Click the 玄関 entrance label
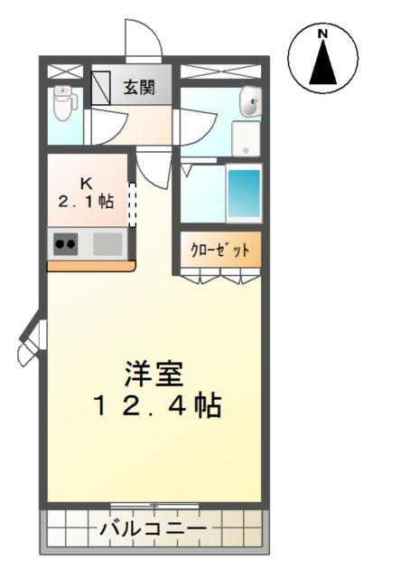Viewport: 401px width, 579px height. pyautogui.click(x=139, y=88)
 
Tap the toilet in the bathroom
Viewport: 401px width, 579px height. pyautogui.click(x=62, y=103)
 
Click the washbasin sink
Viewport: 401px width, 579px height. pyautogui.click(x=248, y=103)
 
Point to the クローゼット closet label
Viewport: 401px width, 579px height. pyautogui.click(x=219, y=248)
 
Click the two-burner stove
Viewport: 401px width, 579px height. pyautogui.click(x=64, y=242)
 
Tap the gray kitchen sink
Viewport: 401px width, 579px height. pyautogui.click(x=107, y=242)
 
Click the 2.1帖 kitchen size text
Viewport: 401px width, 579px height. pyautogui.click(x=87, y=201)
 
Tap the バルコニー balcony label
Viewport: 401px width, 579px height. pyautogui.click(x=154, y=527)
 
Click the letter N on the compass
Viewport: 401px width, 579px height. pyautogui.click(x=322, y=34)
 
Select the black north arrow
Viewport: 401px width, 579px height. pyautogui.click(x=322, y=62)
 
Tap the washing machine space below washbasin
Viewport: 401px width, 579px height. pyautogui.click(x=246, y=138)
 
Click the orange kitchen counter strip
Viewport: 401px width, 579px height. pyautogui.click(x=90, y=266)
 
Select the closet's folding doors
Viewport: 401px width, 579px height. pyautogui.click(x=219, y=275)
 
